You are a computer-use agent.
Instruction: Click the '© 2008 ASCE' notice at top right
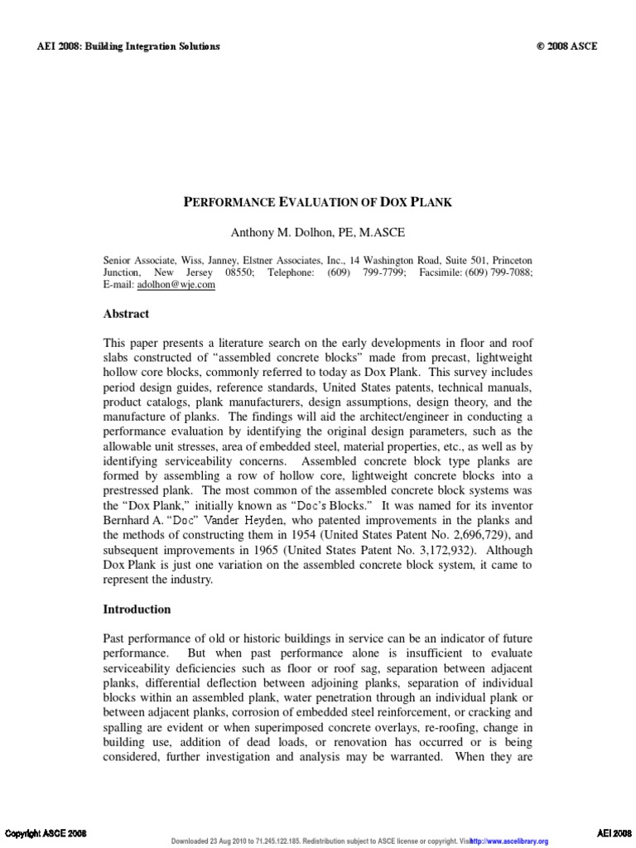click(566, 46)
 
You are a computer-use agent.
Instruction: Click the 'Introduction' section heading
click(137, 609)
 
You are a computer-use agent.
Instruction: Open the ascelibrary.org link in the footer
click(513, 842)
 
